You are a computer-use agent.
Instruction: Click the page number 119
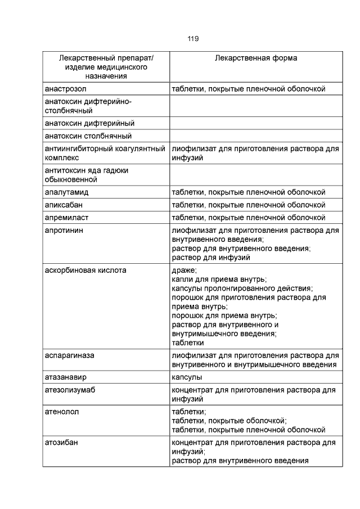193,39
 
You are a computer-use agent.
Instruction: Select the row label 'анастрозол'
66,89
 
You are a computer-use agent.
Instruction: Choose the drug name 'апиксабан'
64,205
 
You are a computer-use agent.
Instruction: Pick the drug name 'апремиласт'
66,217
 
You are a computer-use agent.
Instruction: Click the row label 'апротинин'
65,230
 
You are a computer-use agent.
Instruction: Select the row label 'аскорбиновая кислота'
85,270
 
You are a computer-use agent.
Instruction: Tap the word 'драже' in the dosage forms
184,270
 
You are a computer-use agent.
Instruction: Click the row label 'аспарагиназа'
69,355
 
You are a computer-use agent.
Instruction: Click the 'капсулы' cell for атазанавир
187,377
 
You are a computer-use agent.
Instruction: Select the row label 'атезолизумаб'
70,390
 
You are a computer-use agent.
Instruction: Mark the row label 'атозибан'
61,442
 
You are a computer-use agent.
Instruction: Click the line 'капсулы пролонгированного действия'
238,288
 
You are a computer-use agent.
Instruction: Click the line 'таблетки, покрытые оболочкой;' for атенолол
229,421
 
